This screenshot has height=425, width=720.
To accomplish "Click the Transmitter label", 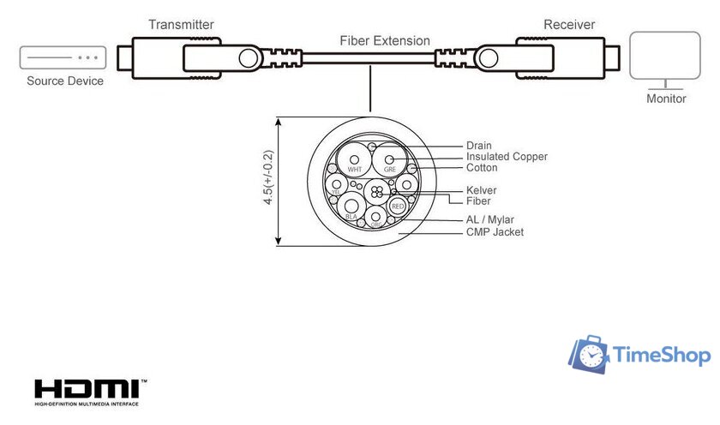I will (x=181, y=25).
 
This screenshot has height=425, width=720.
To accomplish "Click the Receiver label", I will (x=569, y=24).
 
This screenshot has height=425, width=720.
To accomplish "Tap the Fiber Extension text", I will (x=385, y=40).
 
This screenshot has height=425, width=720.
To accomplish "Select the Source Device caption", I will (x=65, y=81).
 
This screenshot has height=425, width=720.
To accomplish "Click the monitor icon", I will (x=665, y=59).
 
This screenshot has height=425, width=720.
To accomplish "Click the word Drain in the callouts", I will (x=479, y=146).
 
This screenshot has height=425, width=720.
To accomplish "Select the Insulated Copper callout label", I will (x=507, y=157).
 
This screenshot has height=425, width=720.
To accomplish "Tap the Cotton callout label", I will (x=482, y=168).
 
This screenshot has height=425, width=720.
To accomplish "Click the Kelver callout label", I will (x=482, y=190).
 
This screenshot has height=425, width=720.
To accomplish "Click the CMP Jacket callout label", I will (x=495, y=232).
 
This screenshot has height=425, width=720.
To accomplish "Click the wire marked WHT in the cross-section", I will (x=353, y=161).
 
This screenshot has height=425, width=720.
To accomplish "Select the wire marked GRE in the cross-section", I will (x=389, y=161).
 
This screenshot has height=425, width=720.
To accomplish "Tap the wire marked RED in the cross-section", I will (x=397, y=207).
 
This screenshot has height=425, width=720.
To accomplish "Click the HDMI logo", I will (x=89, y=388).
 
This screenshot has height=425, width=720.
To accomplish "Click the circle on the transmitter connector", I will (x=250, y=58).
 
